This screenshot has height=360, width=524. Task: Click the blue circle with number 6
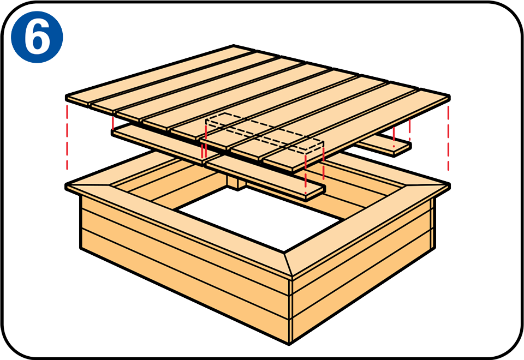click(37, 37)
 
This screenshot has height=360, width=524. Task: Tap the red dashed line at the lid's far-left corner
click(67, 137)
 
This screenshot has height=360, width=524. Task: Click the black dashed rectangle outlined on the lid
click(264, 132)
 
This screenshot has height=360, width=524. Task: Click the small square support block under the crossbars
click(236, 182)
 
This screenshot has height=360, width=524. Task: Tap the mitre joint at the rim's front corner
click(288, 264)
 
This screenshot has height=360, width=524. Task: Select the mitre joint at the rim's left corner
click(88, 184)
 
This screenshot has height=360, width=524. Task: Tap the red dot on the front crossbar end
click(306, 193)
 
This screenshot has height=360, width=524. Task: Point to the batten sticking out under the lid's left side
click(157, 144)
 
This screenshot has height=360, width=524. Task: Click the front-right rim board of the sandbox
click(367, 226)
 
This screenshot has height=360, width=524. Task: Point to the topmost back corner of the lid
click(234, 45)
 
